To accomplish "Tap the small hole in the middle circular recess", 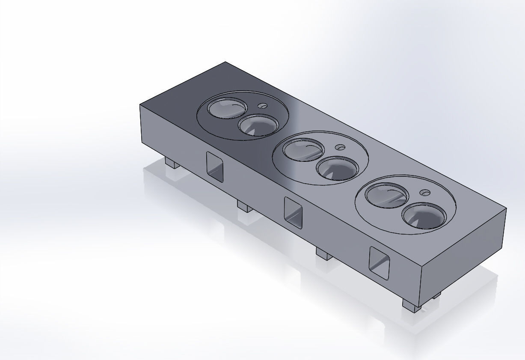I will pyautogui.click(x=341, y=147).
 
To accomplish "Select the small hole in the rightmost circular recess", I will pyautogui.click(x=425, y=193).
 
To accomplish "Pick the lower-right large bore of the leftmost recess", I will pyautogui.click(x=258, y=126).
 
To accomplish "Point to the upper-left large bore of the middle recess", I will pyautogui.click(x=303, y=150).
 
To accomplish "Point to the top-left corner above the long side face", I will pyautogui.click(x=140, y=104).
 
